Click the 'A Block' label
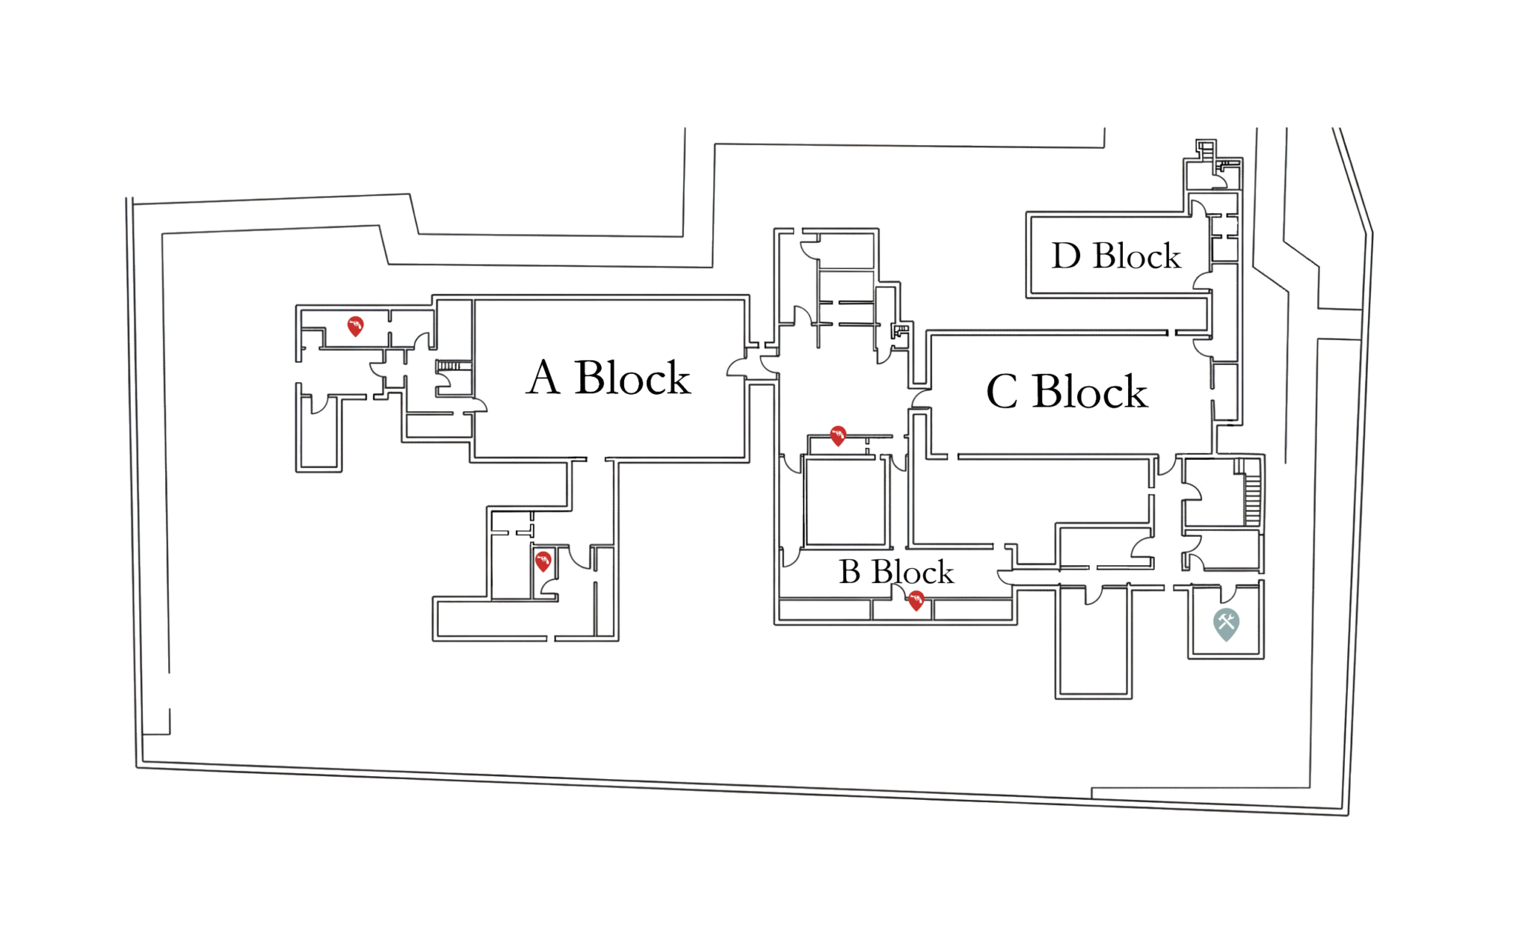point(608,378)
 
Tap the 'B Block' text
point(896,572)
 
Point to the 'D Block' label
point(1116,256)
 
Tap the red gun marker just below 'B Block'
point(916,600)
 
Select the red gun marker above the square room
point(837,435)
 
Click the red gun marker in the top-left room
point(355,325)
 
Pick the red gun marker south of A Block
point(543,561)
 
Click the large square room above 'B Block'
point(845,501)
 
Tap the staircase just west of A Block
point(452,366)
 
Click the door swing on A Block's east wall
point(737,367)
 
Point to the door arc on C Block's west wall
point(921,400)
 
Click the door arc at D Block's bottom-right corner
point(1202,281)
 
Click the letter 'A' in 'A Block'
point(543,378)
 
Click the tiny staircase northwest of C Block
point(900,330)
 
